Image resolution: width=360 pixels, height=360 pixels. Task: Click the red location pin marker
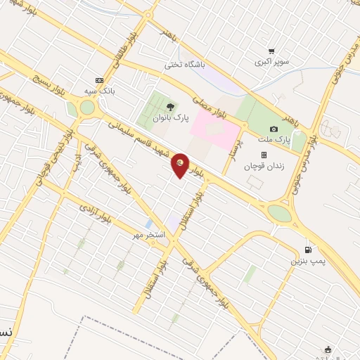tap(181, 165)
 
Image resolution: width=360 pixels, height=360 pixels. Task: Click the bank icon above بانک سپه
tap(98, 79)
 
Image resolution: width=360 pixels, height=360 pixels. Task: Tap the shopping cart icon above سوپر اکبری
tap(271, 51)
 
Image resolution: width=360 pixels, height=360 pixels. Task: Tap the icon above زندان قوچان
tap(264, 155)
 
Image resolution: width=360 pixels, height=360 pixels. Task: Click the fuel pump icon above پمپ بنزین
tap(307, 250)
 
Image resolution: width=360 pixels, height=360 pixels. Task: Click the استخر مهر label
tap(149, 234)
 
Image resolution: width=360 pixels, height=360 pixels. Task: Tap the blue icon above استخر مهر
tap(148, 224)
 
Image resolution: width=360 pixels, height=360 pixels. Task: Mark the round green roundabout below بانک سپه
tap(87, 108)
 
